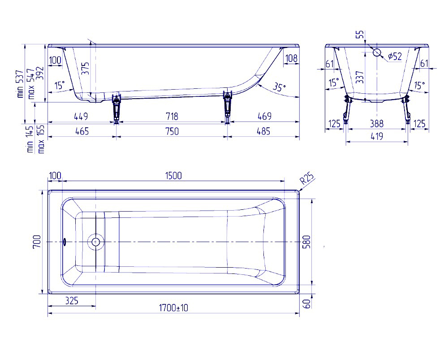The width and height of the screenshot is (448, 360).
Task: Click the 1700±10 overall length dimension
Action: coord(173,308)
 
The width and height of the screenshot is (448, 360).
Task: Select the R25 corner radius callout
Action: coord(307,179)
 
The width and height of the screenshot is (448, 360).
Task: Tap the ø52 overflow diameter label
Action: coord(395,56)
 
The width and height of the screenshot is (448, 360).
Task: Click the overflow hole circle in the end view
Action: coord(377,52)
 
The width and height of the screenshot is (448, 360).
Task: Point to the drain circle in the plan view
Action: coord(95,242)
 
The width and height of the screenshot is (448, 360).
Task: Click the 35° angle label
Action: coord(279,87)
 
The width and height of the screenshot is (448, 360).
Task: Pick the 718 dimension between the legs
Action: coord(172,117)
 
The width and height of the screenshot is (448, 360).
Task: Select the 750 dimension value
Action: coord(172,131)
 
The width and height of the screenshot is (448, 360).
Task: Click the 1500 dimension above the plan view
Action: coord(173,176)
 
